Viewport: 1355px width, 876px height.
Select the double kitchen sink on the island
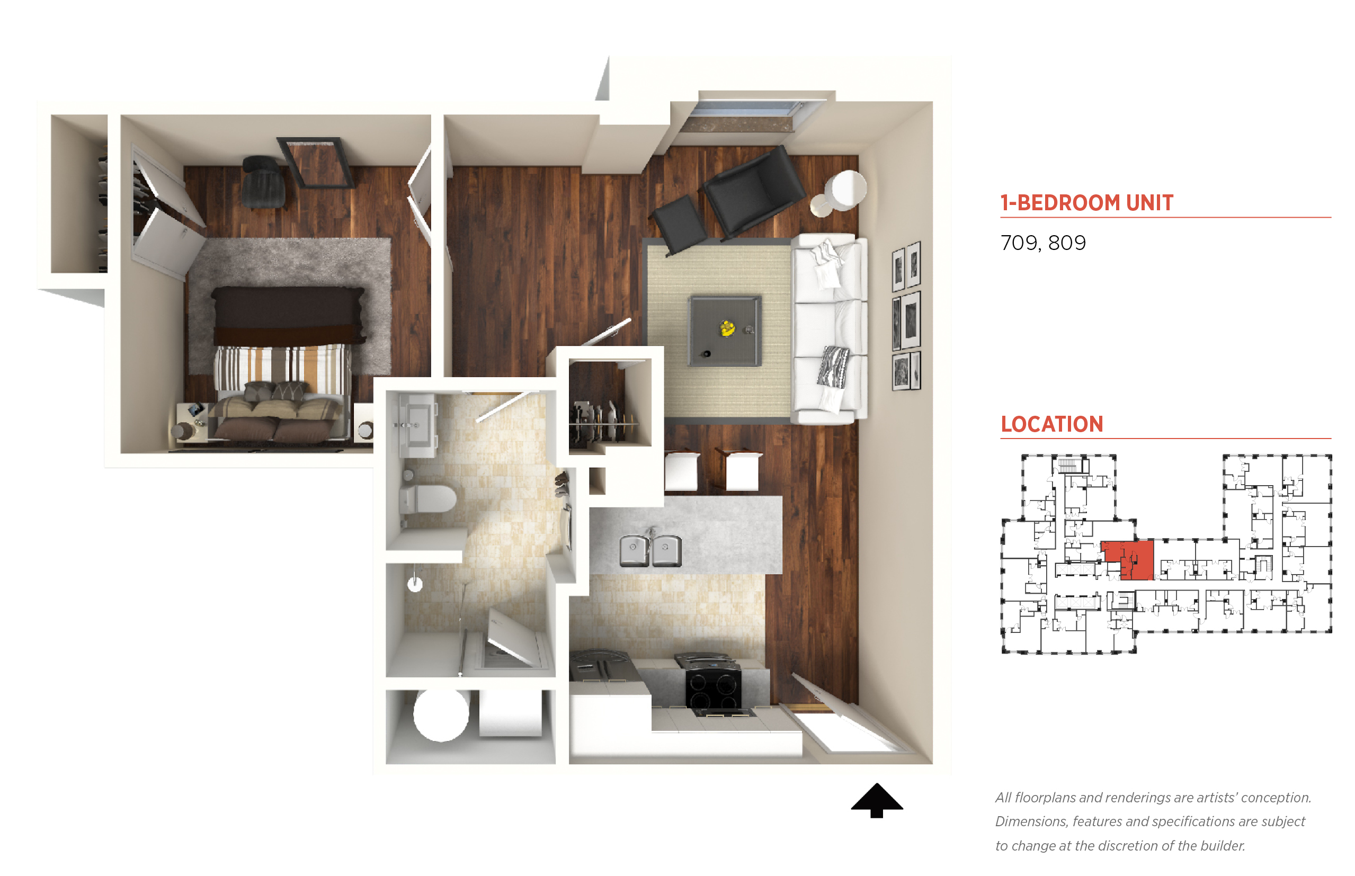pos(650,550)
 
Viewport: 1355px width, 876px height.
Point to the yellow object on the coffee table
pos(727,328)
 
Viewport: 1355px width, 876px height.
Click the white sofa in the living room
pos(830,329)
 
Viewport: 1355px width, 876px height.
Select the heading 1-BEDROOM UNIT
pos(1086,202)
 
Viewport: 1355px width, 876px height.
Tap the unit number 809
pos(1067,243)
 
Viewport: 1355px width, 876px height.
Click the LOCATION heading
pos(1052,424)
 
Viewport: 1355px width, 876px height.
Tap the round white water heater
pos(441,714)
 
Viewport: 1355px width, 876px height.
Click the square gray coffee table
pos(725,330)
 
